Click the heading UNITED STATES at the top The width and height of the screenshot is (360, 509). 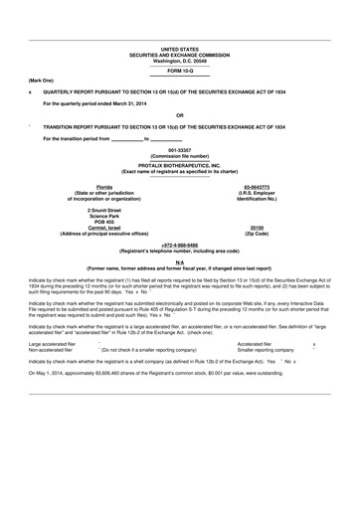[x=180, y=48]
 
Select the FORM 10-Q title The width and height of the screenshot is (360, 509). [x=180, y=70]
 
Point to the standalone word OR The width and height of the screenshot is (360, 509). [x=180, y=115]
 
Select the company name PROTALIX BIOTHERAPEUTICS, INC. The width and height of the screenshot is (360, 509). [x=180, y=165]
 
